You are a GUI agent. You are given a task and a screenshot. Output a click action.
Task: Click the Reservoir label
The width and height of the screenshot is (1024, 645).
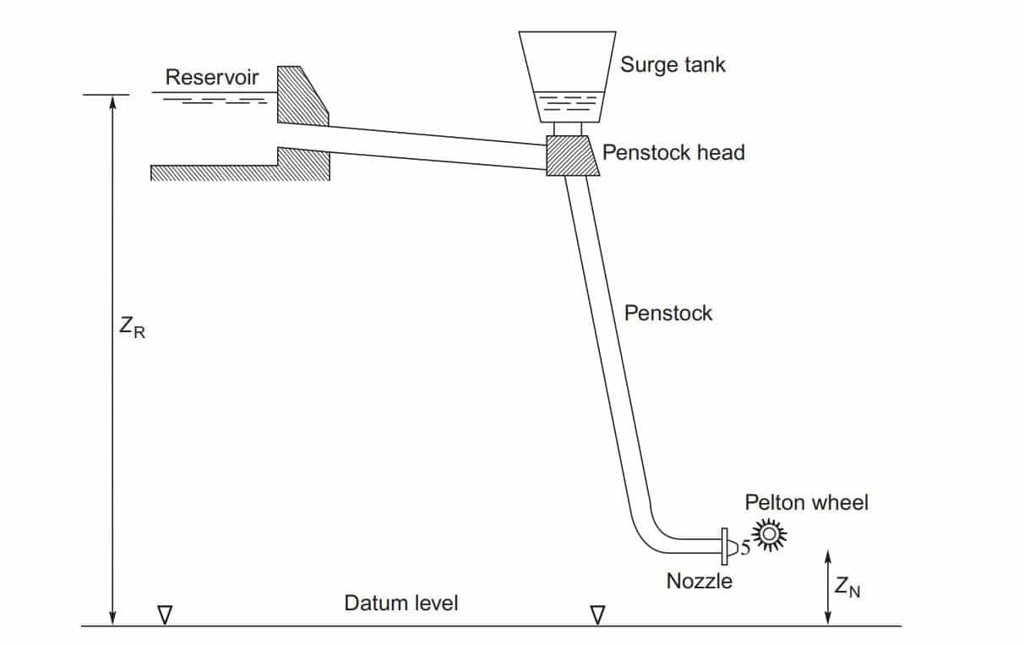click(x=212, y=77)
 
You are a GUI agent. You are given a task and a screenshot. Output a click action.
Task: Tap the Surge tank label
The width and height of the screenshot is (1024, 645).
click(x=673, y=64)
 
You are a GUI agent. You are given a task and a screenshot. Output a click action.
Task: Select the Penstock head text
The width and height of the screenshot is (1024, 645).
click(x=673, y=152)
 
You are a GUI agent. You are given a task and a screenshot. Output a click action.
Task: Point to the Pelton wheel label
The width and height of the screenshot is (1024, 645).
click(x=806, y=502)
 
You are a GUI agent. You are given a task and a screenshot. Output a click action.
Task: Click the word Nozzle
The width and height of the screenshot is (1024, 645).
click(x=699, y=581)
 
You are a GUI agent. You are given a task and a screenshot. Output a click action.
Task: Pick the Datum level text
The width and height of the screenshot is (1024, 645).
click(x=401, y=603)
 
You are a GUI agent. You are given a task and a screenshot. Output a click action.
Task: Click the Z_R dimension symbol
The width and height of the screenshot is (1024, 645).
click(x=132, y=326)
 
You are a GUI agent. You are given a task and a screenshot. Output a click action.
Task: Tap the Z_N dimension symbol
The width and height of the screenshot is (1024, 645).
click(x=847, y=587)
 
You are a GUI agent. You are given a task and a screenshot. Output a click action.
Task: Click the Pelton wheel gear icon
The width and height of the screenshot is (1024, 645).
click(x=770, y=534)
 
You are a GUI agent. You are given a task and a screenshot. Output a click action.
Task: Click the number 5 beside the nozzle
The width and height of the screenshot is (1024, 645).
click(x=745, y=548)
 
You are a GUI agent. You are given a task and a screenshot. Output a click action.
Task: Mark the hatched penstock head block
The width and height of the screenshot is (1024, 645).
click(x=571, y=156)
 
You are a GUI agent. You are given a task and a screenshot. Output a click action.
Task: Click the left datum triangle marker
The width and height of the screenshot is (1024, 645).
click(x=165, y=615)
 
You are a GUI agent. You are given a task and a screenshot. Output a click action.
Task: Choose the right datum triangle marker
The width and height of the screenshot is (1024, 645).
click(x=597, y=615)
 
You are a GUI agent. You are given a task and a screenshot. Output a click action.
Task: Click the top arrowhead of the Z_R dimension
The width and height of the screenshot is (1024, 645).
click(x=113, y=101)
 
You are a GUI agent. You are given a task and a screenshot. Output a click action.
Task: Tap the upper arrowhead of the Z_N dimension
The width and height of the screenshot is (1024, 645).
click(x=827, y=557)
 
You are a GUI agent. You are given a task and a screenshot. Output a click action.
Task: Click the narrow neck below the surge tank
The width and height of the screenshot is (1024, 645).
click(x=568, y=129)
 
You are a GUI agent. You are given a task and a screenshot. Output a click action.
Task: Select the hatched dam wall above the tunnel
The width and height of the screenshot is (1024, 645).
click(x=302, y=96)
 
